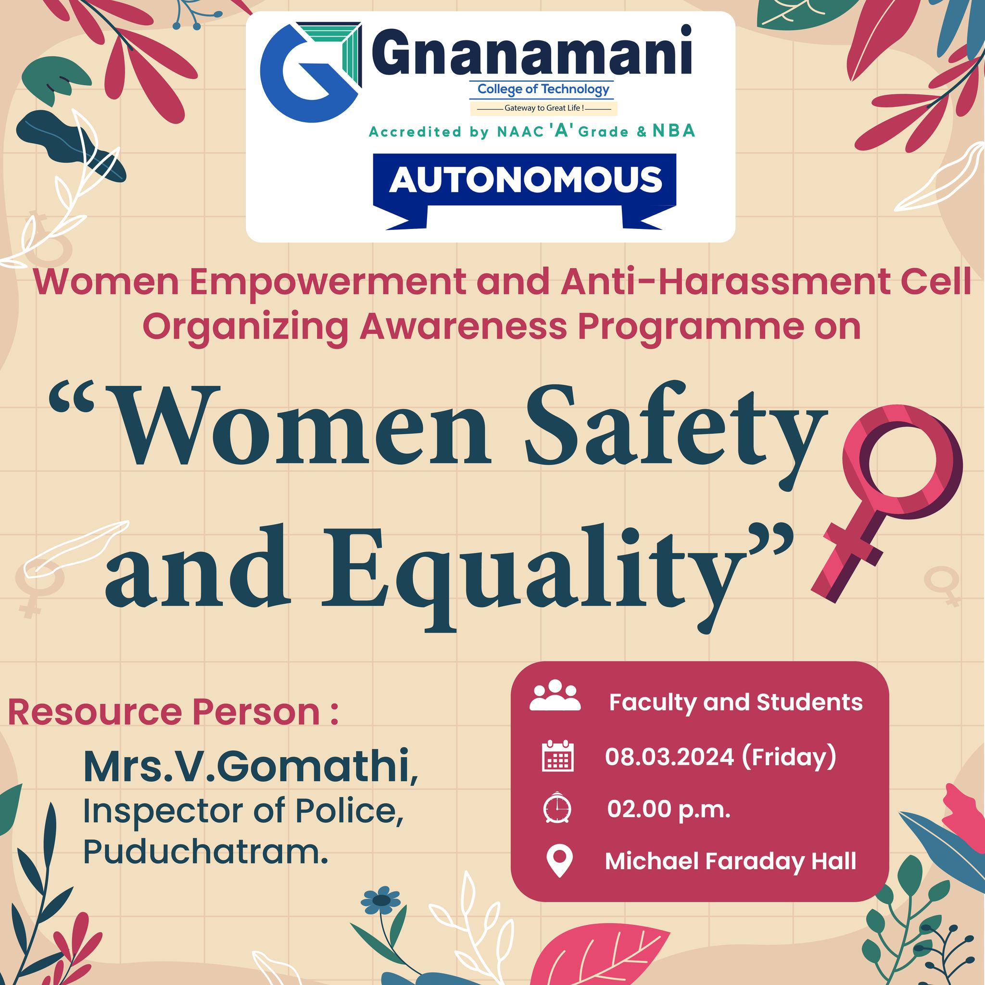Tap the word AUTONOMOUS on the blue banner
[525, 179]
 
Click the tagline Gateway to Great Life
[543, 108]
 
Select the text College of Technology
[543, 90]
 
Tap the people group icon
[555, 695]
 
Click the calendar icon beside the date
[557, 755]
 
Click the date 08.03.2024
[669, 757]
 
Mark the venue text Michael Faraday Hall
[730, 861]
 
